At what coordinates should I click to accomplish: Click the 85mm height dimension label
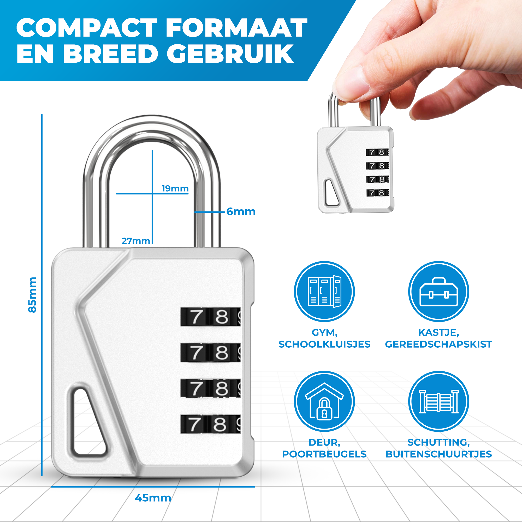pos(32,295)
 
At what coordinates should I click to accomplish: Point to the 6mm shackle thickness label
pos(241,212)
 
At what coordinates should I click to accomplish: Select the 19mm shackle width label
pos(175,189)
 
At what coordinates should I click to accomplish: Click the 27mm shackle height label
pos(136,241)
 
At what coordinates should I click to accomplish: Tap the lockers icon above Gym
pos(324,292)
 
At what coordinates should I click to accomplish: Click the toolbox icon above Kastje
pos(438,292)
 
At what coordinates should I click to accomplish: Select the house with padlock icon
pos(324,401)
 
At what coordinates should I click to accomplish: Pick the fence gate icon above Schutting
pos(438,401)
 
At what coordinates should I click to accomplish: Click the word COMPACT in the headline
pos(87,28)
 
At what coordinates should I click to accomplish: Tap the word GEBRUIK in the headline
pos(230,54)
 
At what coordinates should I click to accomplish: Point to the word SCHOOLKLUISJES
pos(324,344)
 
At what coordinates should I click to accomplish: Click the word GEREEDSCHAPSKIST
pos(438,344)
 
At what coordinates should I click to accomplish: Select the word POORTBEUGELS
pos(324,454)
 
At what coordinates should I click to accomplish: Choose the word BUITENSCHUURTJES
pos(438,454)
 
